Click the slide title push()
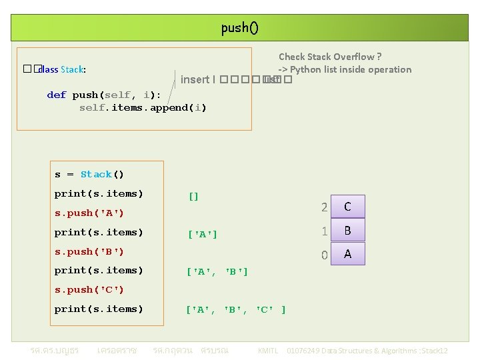click(x=239, y=28)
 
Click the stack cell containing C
click(x=347, y=207)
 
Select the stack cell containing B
click(x=347, y=231)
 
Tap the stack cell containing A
click(x=347, y=254)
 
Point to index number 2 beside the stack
click(x=324, y=207)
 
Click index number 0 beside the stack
click(x=324, y=255)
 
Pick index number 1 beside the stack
click(x=324, y=231)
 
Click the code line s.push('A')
click(x=89, y=213)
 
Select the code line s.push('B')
click(x=89, y=251)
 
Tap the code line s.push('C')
click(x=89, y=289)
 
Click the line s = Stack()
click(x=89, y=175)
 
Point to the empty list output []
click(x=193, y=196)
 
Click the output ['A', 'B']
click(x=217, y=271)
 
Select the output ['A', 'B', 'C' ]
click(x=236, y=309)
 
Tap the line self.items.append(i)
click(x=143, y=108)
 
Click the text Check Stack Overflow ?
click(x=330, y=57)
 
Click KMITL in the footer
click(x=267, y=351)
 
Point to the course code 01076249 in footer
click(x=303, y=351)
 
